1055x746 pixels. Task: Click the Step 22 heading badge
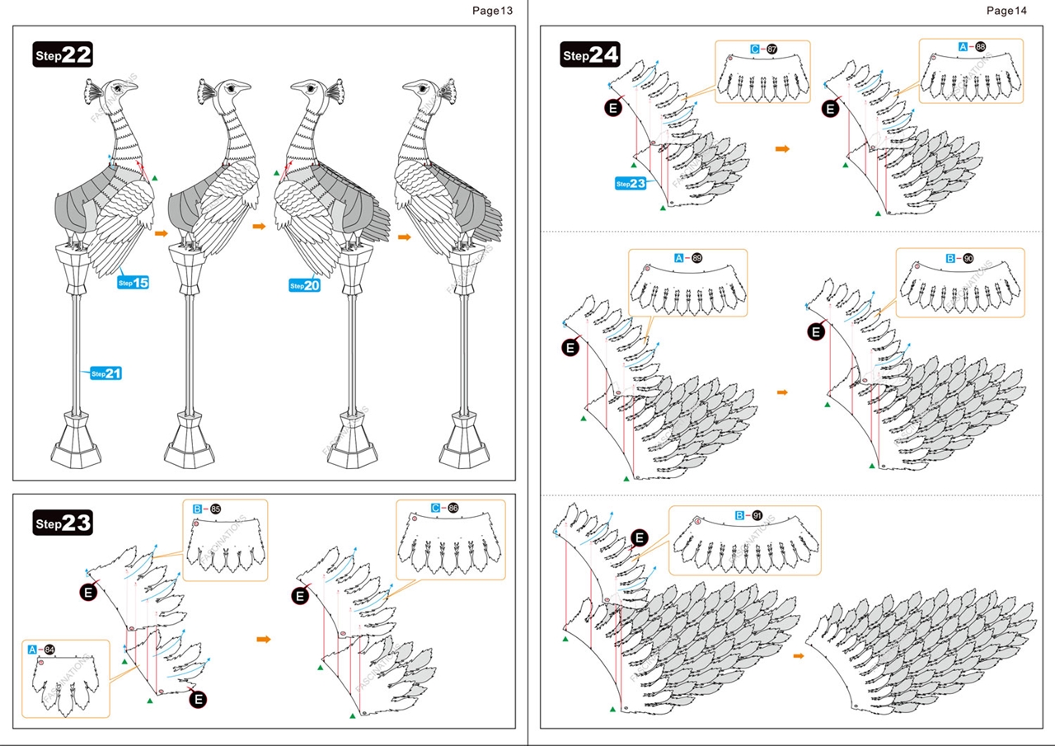pos(63,55)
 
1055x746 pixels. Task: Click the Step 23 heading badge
pos(63,523)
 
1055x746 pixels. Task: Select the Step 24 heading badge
pos(590,55)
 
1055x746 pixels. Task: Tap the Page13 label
pos(492,11)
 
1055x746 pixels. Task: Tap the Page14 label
pos(1006,11)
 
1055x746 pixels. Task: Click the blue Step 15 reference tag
pos(133,283)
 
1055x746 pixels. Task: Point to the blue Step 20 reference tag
pos(304,285)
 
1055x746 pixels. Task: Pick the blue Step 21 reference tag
pos(106,373)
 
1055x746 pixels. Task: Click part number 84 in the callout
pos(49,650)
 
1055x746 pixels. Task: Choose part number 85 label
pos(215,509)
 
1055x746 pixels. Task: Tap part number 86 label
pos(452,509)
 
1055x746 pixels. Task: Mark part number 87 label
pos(771,49)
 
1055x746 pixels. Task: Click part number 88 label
pos(980,47)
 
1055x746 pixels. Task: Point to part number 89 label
pos(696,258)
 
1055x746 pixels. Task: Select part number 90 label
pos(968,258)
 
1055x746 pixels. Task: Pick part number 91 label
pos(757,515)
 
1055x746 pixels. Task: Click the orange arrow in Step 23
pos(264,639)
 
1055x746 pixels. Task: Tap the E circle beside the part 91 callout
pos(640,538)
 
